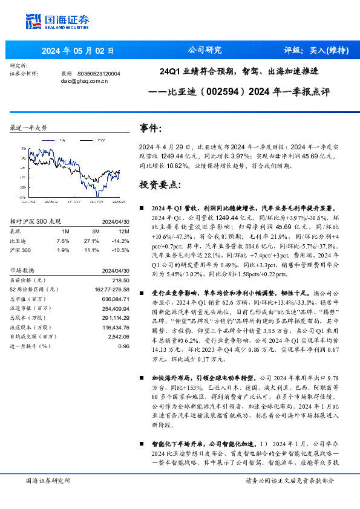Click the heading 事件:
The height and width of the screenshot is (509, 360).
coord(150,128)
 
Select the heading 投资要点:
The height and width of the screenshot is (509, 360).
coord(160,184)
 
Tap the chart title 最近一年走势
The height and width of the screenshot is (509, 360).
coord(28,128)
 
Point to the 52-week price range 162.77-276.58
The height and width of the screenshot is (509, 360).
coord(112,290)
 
